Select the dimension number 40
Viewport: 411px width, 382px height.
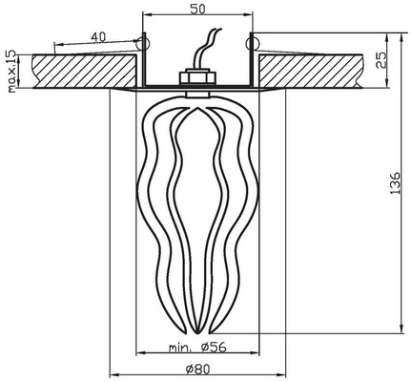click(98, 37)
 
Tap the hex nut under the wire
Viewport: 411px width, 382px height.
click(197, 77)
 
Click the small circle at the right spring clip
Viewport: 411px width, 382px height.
click(252, 43)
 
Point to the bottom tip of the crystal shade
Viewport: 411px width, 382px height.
click(197, 332)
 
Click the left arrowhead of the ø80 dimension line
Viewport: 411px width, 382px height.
click(114, 373)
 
